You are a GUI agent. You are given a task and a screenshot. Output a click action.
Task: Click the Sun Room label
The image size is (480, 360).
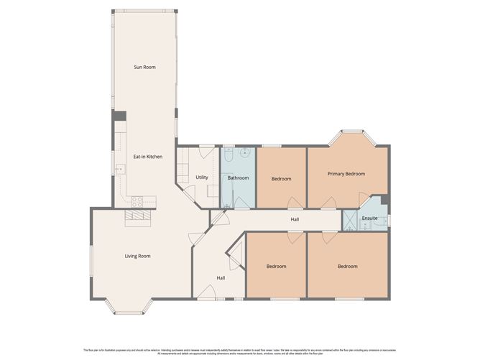(144, 67)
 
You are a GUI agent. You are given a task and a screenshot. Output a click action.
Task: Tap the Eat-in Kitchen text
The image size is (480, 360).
(147, 156)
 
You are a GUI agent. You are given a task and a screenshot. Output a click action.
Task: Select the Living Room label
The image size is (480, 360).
(137, 256)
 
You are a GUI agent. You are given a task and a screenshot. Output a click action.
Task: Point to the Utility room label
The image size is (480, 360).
(202, 177)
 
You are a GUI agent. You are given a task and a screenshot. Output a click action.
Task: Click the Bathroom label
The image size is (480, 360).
(239, 177)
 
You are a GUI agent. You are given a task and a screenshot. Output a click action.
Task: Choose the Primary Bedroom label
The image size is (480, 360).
(346, 174)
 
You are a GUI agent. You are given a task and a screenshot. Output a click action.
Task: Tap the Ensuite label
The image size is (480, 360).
(369, 218)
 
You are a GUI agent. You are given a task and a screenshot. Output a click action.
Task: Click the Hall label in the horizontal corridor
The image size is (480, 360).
(295, 219)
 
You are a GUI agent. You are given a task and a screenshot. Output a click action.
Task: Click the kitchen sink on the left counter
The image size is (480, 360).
(119, 170)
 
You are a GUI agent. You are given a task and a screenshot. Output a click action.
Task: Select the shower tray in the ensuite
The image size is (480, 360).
(350, 220)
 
